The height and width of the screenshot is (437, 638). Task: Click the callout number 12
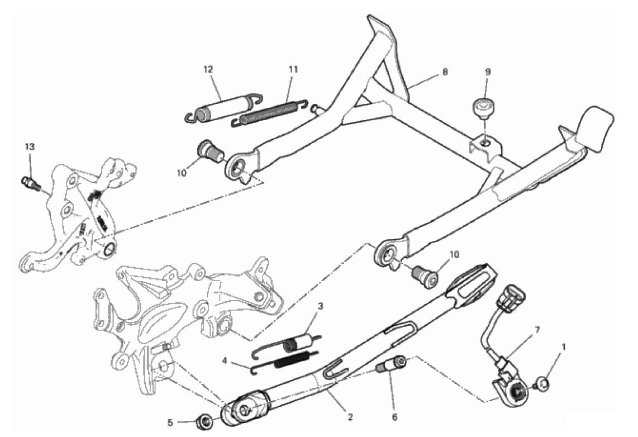[208, 70]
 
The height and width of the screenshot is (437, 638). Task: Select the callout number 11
[293, 70]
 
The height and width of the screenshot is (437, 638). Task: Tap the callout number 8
[445, 72]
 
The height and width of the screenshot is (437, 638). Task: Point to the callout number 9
[488, 72]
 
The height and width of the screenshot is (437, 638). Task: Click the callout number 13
[30, 146]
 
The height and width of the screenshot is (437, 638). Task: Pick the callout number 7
[537, 330]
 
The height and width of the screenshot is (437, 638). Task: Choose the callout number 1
[564, 347]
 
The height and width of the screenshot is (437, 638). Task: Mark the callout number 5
[170, 423]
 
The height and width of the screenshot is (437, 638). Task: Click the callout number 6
[394, 417]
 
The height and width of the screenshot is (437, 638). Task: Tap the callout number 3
[320, 306]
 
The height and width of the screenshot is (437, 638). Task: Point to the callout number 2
[350, 417]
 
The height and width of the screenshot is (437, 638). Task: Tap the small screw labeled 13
[31, 183]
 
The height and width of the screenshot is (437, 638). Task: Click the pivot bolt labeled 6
[390, 364]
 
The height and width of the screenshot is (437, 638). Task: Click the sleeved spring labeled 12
[223, 108]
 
